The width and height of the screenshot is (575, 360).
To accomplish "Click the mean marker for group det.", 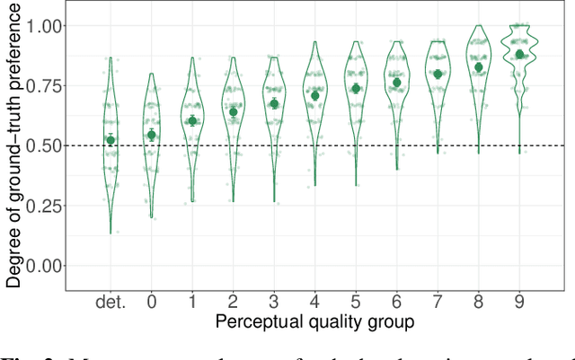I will (x=111, y=140).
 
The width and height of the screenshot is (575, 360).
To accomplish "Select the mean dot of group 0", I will (x=151, y=135).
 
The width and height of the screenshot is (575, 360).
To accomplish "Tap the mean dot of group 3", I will (x=274, y=104).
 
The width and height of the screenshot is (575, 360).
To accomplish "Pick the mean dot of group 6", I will (x=396, y=83).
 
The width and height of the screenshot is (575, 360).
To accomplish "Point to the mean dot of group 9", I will (x=519, y=54).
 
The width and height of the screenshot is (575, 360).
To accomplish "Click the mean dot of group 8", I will (x=479, y=67).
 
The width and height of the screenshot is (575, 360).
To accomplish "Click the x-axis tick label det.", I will (x=111, y=302).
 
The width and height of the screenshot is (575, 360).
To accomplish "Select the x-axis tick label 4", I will (x=314, y=302).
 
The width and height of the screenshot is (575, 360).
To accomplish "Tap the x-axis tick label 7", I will (x=438, y=302).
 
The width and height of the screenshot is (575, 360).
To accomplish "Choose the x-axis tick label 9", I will (x=519, y=302).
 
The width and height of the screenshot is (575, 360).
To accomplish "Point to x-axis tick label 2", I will (x=233, y=302).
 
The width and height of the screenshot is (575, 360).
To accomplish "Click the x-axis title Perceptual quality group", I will (x=314, y=321).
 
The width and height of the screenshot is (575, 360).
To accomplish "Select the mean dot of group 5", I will (x=356, y=88).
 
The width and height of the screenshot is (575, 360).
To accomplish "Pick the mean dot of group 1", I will (x=191, y=120).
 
